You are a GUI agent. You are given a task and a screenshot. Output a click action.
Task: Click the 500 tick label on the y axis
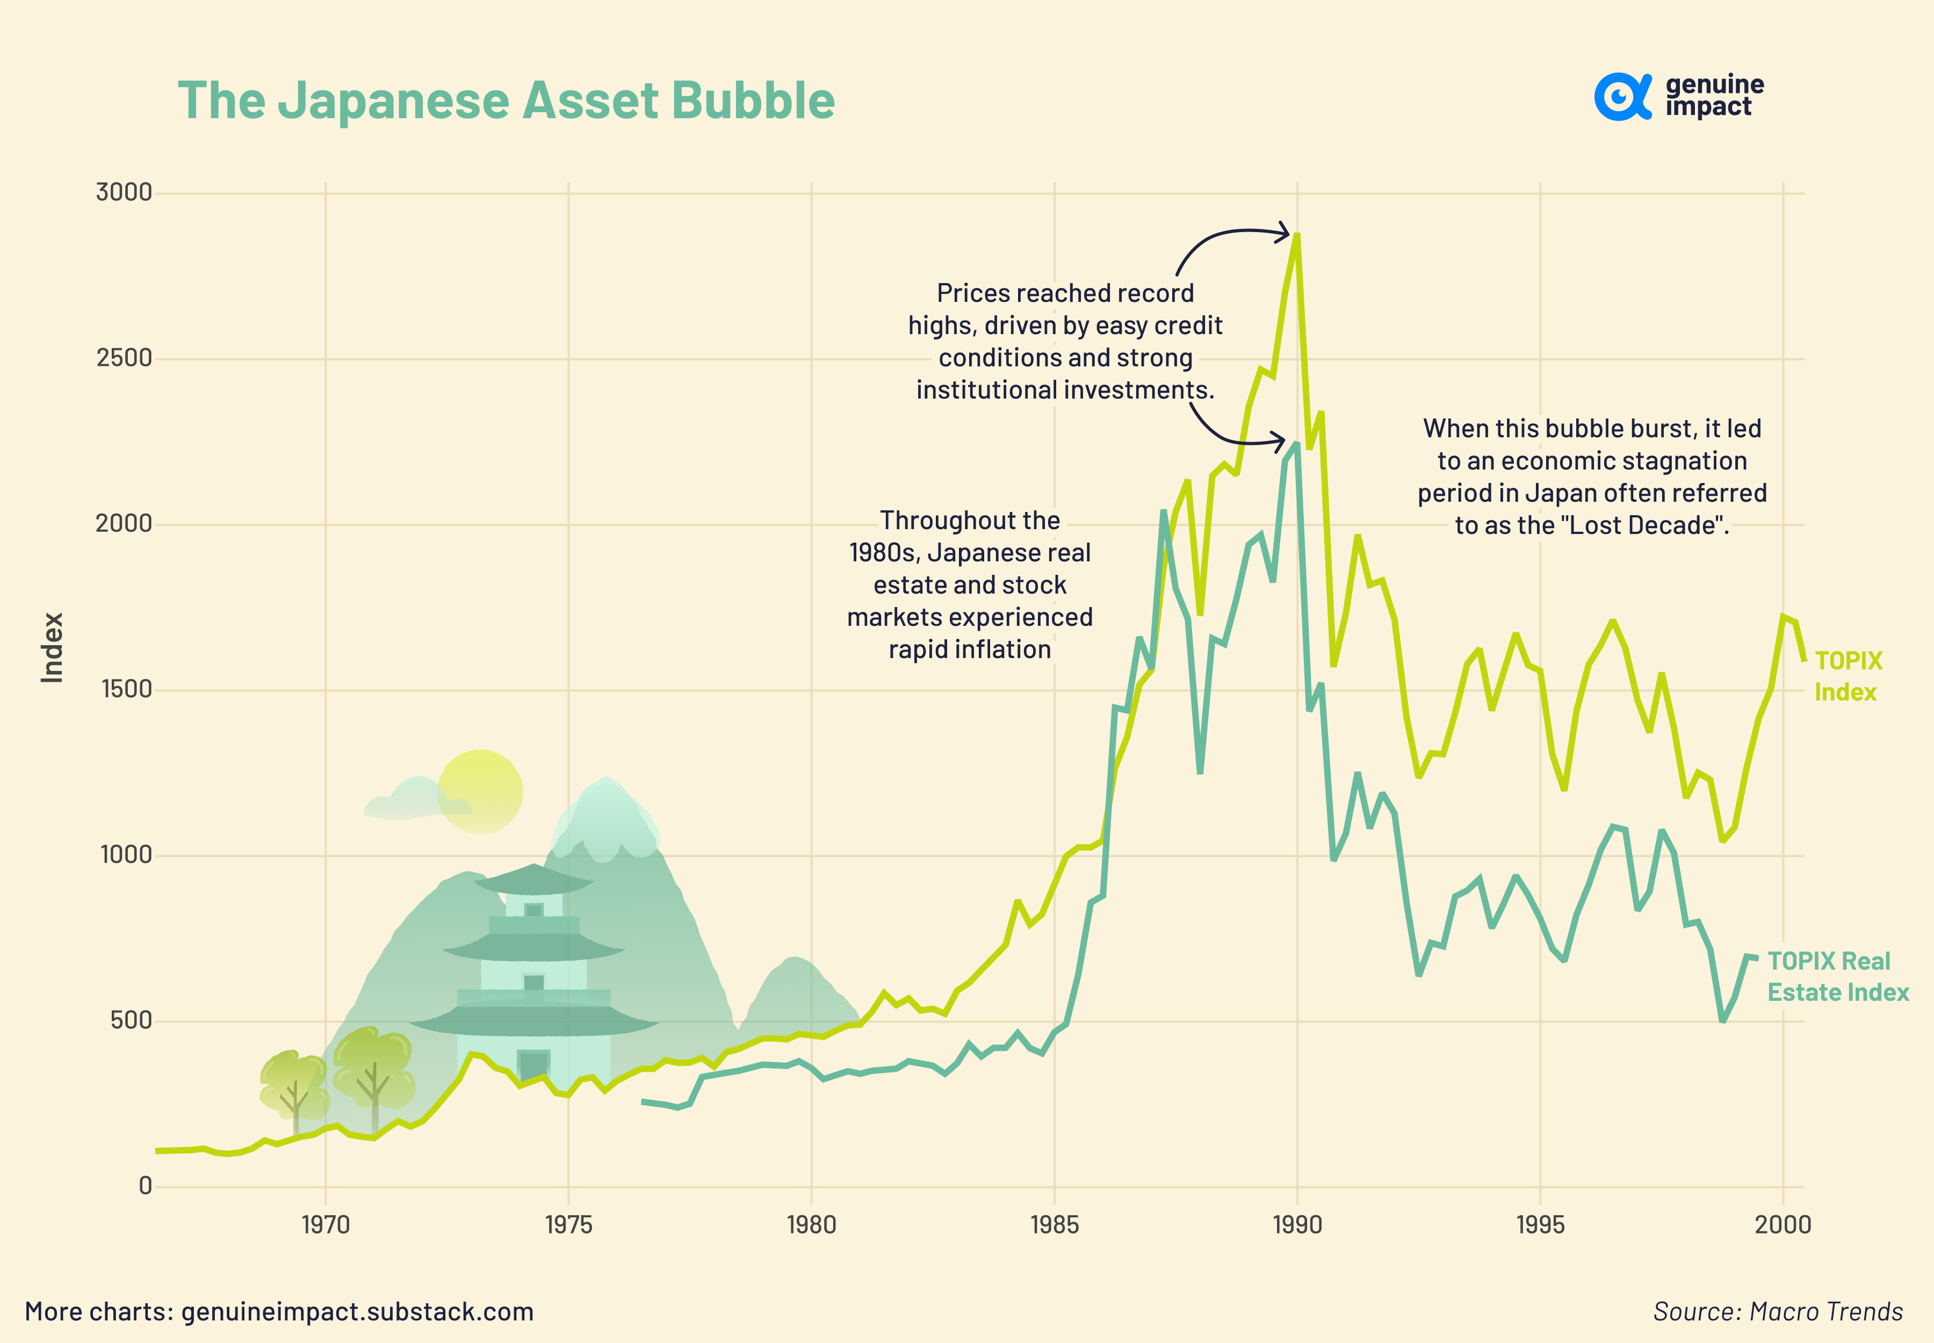131,1021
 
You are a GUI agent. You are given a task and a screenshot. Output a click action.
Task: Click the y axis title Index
52,647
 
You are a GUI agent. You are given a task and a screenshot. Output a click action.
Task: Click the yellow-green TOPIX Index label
1848,676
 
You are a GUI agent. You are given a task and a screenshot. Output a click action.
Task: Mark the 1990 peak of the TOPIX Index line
1297,236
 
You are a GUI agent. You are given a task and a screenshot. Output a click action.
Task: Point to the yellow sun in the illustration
481,791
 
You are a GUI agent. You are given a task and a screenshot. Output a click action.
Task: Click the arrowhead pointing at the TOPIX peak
1283,232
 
